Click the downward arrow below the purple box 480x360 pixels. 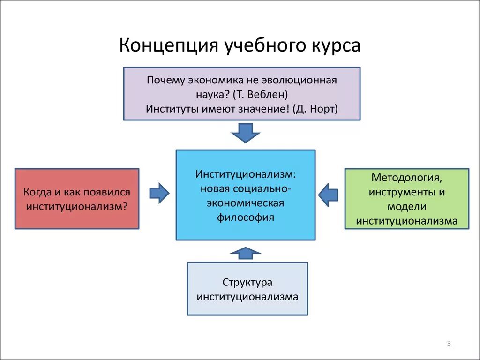click(x=246, y=132)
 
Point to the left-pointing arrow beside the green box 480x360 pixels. click(x=328, y=193)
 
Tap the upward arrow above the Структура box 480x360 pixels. click(x=246, y=254)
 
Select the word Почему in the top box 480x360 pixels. click(x=166, y=80)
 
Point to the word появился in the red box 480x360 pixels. click(x=108, y=192)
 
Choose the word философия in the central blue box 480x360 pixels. click(x=246, y=217)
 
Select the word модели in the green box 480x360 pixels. click(x=406, y=207)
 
